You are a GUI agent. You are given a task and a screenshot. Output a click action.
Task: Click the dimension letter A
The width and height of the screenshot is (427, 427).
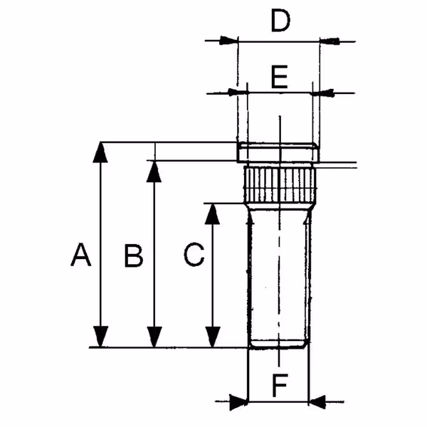[82, 255]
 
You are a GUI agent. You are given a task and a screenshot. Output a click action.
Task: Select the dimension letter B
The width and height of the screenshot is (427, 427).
[133, 255]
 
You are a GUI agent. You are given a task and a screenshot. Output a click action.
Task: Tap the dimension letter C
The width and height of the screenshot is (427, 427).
[194, 255]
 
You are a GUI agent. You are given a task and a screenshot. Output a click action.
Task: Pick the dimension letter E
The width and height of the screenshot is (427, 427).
[279, 76]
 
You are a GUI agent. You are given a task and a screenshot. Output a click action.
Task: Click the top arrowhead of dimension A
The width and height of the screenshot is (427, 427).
[102, 151]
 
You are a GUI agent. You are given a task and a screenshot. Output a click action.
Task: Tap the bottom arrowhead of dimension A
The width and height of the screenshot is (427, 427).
[102, 338]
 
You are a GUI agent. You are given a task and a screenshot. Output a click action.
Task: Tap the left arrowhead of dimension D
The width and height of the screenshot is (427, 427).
[228, 41]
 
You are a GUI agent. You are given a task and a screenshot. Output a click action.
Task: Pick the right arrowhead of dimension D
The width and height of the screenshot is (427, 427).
[328, 41]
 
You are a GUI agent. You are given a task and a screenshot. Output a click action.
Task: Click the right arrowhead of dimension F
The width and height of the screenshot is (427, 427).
[317, 401]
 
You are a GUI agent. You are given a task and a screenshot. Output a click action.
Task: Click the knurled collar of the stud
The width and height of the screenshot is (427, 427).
[279, 183]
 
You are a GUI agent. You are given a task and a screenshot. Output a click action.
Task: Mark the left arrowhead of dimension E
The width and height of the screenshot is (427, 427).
[240, 92]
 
